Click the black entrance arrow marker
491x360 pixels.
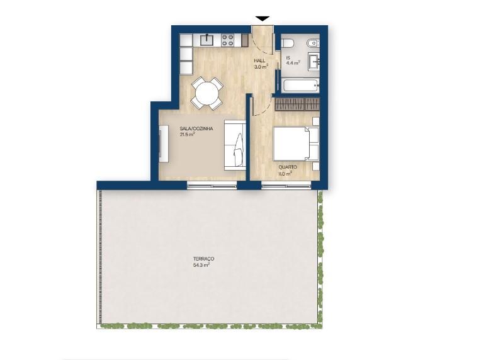tap(262, 18)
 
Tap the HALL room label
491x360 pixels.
tap(259, 60)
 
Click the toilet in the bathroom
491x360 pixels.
tap(287, 43)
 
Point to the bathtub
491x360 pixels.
tap(300, 86)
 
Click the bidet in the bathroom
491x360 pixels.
tap(313, 43)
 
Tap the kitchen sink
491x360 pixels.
tap(206, 40)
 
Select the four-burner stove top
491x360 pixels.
tap(228, 40)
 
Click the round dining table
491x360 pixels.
tap(207, 93)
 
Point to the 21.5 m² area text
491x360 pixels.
tap(187, 135)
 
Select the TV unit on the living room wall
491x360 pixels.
tap(164, 143)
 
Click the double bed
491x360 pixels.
tap(296, 143)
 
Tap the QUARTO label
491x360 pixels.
tap(288, 167)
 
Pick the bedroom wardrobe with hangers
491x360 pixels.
tap(297, 104)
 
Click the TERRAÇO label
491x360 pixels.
tap(203, 259)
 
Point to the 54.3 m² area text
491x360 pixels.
tap(201, 265)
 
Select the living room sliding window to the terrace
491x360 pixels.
tap(212, 185)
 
